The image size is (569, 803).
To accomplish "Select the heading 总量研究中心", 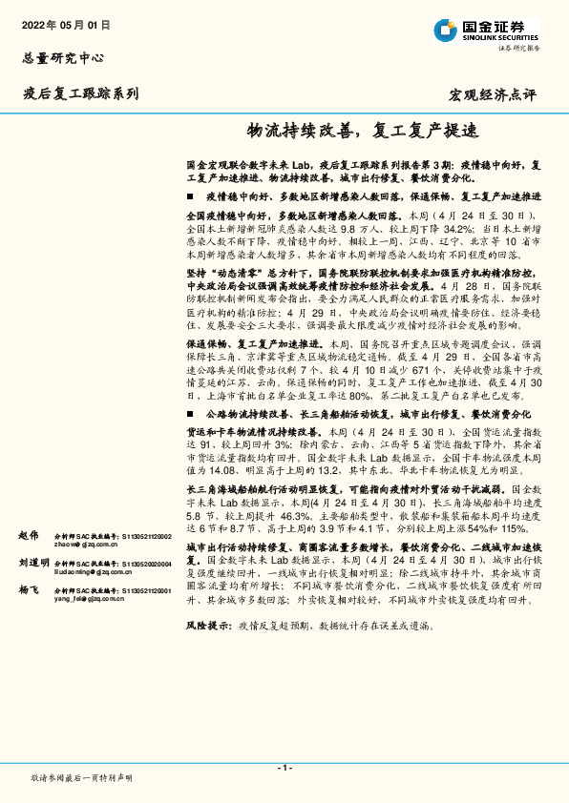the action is click(x=62, y=57).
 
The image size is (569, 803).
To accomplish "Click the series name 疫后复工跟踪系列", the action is click(x=81, y=93).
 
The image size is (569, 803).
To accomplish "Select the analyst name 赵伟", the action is click(x=29, y=537).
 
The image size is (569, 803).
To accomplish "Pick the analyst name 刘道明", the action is click(x=32, y=564).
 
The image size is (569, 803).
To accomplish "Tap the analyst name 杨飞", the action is click(x=29, y=591).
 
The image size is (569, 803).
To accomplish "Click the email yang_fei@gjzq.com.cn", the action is click(x=90, y=600).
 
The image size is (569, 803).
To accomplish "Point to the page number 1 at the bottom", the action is click(x=284, y=768).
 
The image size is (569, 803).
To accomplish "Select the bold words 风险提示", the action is click(x=208, y=626).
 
